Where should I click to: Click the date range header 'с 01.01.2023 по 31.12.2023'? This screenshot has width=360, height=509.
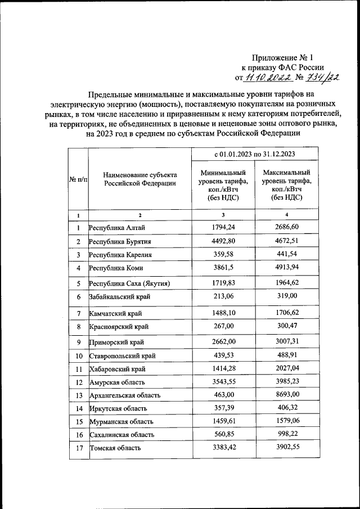pyautogui.click(x=255, y=154)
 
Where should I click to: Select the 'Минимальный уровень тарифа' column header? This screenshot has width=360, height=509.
pyautogui.click(x=223, y=185)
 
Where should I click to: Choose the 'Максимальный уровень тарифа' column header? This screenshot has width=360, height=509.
pyautogui.click(x=286, y=185)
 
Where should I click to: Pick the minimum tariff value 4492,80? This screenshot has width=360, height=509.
pyautogui.click(x=223, y=241)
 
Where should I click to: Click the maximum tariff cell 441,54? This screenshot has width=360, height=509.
pyautogui.click(x=286, y=255)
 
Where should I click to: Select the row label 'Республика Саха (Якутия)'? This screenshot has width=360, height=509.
pyautogui.click(x=129, y=283)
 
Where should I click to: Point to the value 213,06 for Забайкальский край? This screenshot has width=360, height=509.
pyautogui.click(x=223, y=296)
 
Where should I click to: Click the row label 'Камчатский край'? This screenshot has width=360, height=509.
pyautogui.click(x=116, y=312)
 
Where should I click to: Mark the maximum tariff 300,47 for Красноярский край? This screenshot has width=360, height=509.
pyautogui.click(x=286, y=326)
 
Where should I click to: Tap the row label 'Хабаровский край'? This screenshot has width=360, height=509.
pyautogui.click(x=118, y=369)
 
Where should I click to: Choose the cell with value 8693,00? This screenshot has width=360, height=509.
pyautogui.click(x=286, y=396)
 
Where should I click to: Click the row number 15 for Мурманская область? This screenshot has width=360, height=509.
pyautogui.click(x=78, y=421)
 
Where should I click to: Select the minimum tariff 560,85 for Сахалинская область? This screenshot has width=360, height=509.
pyautogui.click(x=223, y=435)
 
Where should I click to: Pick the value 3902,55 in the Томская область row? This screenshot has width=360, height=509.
pyautogui.click(x=286, y=448)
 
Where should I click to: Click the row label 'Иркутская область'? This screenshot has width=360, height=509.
pyautogui.click(x=117, y=408)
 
